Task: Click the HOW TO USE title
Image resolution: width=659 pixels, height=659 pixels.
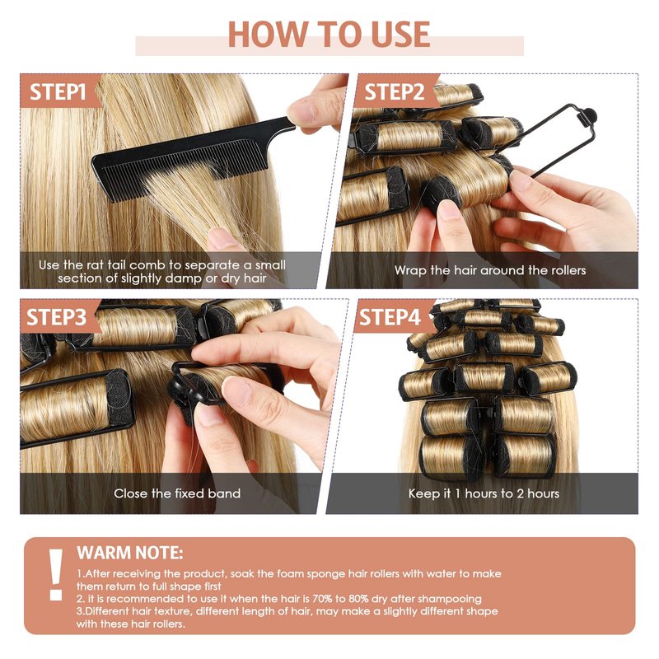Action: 329,34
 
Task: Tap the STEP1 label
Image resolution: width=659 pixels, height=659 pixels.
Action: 58,91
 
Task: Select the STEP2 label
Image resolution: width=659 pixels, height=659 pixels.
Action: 395,91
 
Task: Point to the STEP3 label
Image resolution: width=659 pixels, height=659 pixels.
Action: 56,317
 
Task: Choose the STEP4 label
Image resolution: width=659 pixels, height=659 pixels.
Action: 390,317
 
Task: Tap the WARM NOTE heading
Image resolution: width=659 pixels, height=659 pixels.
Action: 130,553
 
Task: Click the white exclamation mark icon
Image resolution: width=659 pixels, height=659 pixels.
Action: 55,574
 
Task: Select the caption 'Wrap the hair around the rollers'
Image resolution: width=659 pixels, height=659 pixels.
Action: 490,270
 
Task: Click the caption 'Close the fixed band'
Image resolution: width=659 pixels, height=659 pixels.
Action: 177,493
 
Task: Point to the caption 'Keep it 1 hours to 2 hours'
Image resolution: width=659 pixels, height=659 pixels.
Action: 484,493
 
